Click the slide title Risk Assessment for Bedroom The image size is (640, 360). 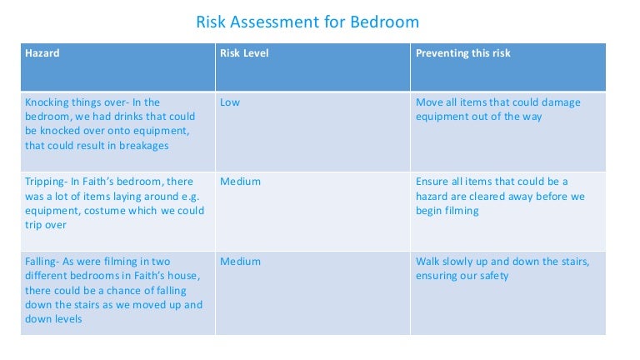(307, 21)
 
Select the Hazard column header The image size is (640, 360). (42, 53)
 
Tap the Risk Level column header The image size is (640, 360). (244, 53)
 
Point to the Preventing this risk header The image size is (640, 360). (463, 53)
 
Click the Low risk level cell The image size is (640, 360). (230, 102)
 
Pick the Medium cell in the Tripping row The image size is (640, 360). (240, 182)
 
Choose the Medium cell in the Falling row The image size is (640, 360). (240, 262)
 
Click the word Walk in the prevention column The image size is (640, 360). (428, 262)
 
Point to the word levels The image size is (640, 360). (67, 319)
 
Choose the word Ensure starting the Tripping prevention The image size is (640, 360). (433, 182)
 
